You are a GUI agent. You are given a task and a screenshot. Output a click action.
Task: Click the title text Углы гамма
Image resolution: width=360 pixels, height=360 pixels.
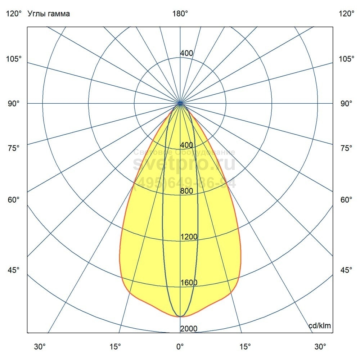coord(49,14)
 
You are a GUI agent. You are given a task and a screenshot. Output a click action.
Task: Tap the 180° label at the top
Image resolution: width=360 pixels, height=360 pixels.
coord(180,14)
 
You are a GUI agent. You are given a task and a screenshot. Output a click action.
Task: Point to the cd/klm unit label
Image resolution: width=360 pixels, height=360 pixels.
coord(320,326)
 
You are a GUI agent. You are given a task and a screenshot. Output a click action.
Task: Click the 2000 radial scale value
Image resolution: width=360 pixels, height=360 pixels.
coord(189,329)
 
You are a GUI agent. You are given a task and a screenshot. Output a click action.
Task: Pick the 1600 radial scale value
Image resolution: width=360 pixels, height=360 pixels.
coord(189,283)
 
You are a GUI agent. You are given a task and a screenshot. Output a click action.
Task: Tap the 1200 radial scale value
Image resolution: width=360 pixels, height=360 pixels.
coord(189,237)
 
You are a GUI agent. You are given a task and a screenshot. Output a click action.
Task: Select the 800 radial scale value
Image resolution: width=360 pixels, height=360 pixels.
coord(186,191)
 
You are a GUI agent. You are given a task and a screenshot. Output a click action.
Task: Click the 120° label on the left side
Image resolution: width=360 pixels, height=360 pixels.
coord(14,14)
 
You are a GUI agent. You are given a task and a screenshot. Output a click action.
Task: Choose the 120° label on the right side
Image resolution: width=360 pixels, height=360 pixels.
coord(346,14)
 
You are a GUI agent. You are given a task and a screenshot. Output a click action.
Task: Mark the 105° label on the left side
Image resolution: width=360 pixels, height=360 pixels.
coord(14,59)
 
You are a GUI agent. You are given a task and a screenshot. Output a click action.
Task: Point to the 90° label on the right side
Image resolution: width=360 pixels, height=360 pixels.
coord(346,104)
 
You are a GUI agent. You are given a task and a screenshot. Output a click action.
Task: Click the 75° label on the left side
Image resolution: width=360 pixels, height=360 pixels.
coord(14,148)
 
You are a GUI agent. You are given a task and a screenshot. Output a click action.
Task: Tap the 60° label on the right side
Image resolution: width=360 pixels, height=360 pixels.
coord(346,200)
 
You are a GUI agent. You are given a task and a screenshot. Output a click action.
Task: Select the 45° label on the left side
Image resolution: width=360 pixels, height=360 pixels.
coord(14,270)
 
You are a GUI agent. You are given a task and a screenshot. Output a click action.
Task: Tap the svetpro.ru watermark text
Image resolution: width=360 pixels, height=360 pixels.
coord(184,164)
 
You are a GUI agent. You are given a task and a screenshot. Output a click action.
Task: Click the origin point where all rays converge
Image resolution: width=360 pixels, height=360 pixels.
coord(180,104)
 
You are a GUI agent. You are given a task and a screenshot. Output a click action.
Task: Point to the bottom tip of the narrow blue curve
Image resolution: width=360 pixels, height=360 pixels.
coord(180,316)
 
